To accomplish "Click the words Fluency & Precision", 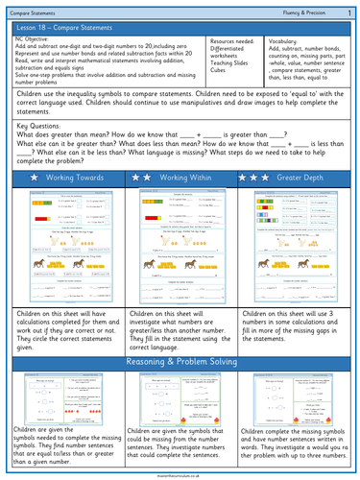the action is (300, 10).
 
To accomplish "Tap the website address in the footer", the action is (180, 473).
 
